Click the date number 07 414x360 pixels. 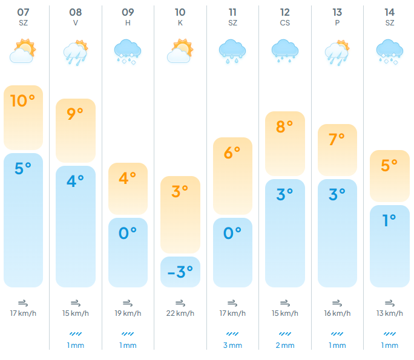point(23,13)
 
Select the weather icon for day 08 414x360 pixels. point(76,53)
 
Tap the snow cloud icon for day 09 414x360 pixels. point(128,51)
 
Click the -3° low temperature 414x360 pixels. point(180,272)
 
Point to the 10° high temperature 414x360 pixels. point(23,101)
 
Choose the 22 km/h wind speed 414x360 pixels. point(180,313)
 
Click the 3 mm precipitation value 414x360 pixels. point(232,345)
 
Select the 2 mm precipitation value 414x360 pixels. point(285,345)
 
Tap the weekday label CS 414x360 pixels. point(285,23)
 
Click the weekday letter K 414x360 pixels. point(180,23)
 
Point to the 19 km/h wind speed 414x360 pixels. point(128,313)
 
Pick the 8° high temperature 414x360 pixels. point(284,126)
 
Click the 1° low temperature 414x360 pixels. point(389,220)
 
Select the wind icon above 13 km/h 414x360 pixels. point(390,303)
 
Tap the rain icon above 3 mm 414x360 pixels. point(232,334)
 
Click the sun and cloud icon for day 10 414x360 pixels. point(180,51)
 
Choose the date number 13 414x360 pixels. point(337,13)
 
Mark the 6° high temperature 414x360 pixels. point(232,153)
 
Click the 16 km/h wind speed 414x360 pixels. point(337,313)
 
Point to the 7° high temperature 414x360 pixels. point(337,139)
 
